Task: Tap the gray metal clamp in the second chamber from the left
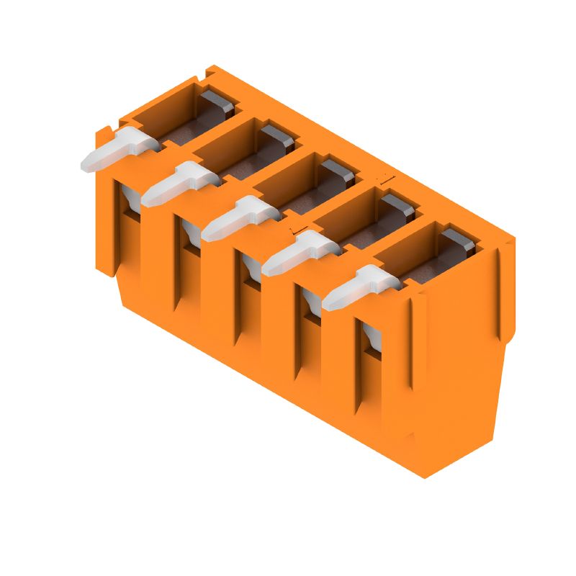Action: pos(277,137)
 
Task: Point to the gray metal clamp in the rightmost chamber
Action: pos(458,240)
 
